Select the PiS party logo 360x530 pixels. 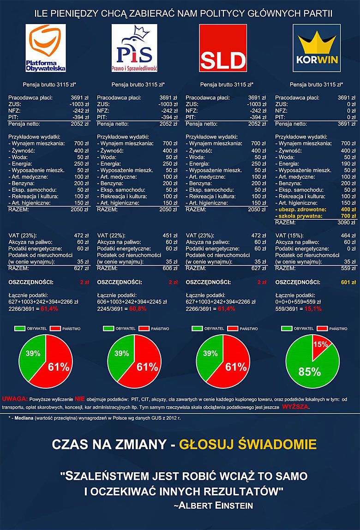pyautogui.click(x=135, y=48)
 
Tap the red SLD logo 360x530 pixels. pyautogui.click(x=223, y=48)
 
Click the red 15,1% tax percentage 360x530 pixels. pyautogui.click(x=312, y=308)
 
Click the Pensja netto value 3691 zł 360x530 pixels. pyautogui.click(x=347, y=124)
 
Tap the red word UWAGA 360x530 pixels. pyautogui.click(x=15, y=398)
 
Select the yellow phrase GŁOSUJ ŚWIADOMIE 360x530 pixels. pyautogui.click(x=247, y=445)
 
